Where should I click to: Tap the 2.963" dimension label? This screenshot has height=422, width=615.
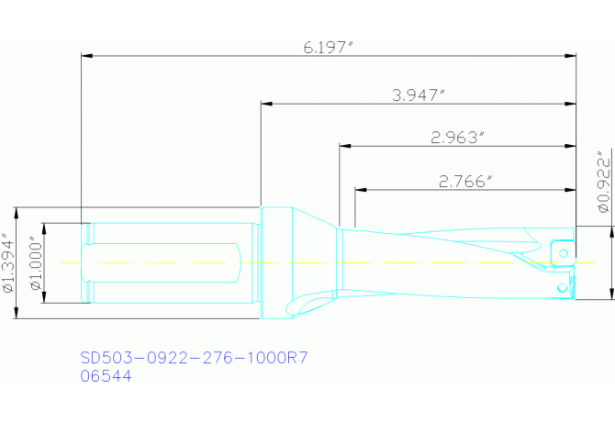[456, 137]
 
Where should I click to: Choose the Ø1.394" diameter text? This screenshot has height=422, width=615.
[9, 262]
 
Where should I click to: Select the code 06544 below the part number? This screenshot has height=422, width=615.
[106, 375]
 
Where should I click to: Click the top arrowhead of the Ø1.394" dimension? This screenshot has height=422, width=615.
[17, 212]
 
